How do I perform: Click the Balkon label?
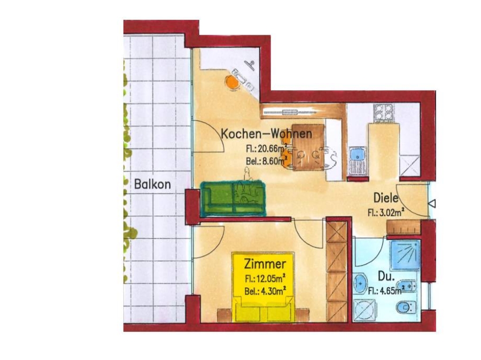point(152,184)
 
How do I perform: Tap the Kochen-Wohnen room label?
point(267,134)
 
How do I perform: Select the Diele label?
point(385,198)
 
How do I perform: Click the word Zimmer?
point(265,264)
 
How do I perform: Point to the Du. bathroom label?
point(386,277)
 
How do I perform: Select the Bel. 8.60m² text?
point(266,160)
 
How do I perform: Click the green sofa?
point(232,198)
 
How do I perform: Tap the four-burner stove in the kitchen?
point(383,112)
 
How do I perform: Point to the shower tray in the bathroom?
point(405,255)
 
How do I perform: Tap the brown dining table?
point(308,147)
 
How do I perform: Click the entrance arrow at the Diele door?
point(432,203)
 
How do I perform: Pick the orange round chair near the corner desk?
point(232,82)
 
